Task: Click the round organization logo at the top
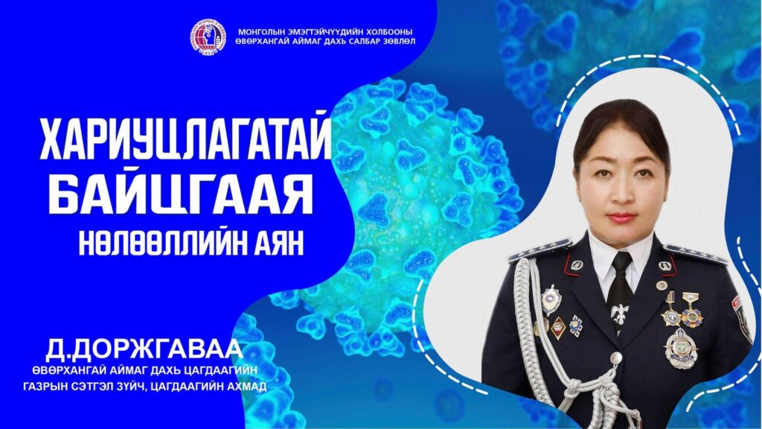[x=208, y=36]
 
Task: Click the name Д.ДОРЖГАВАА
[x=144, y=350]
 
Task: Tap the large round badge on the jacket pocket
[x=681, y=349]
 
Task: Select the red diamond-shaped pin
[x=558, y=328]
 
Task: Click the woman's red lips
[x=621, y=217]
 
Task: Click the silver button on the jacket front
[x=616, y=358]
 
